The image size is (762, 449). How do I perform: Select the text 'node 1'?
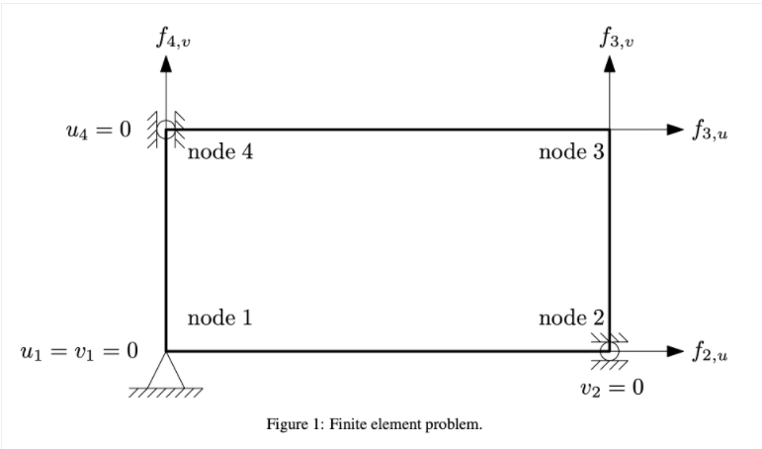pyautogui.click(x=220, y=317)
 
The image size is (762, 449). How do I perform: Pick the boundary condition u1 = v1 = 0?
pyautogui.click(x=78, y=351)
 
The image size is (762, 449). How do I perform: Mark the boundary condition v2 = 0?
pyautogui.click(x=612, y=386)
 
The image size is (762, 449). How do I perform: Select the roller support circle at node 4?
pyautogui.click(x=167, y=129)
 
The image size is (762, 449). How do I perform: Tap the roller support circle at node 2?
pyautogui.click(x=610, y=351)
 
